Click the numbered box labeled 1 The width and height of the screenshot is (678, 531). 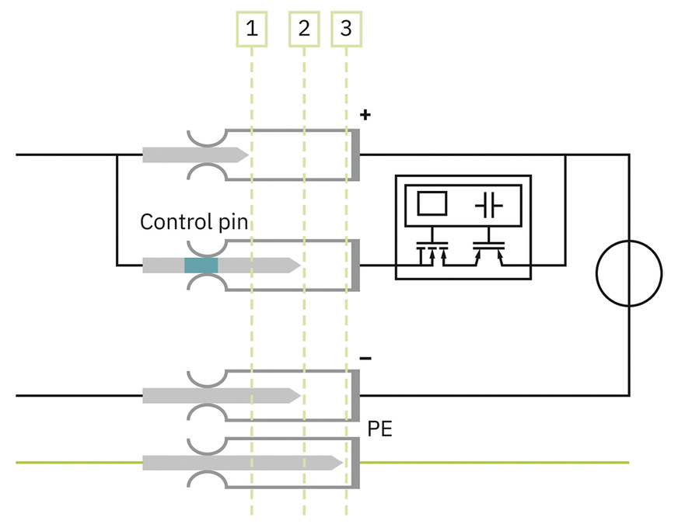click(251, 29)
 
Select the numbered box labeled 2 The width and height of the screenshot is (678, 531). click(304, 29)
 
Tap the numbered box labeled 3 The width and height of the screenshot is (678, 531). click(346, 29)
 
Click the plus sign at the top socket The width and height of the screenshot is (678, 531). click(365, 116)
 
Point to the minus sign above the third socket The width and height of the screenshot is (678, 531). click(365, 358)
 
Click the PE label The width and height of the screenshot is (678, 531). click(380, 428)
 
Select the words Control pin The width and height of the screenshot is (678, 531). click(194, 222)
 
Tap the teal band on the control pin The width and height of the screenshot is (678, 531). click(201, 265)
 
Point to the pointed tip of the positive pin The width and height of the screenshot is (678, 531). click(244, 154)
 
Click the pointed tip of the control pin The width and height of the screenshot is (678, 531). click(296, 265)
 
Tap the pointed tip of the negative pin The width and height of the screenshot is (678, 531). click(296, 395)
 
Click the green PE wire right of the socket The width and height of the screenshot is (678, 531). click(498, 463)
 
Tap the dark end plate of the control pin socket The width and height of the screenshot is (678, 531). click(355, 265)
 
